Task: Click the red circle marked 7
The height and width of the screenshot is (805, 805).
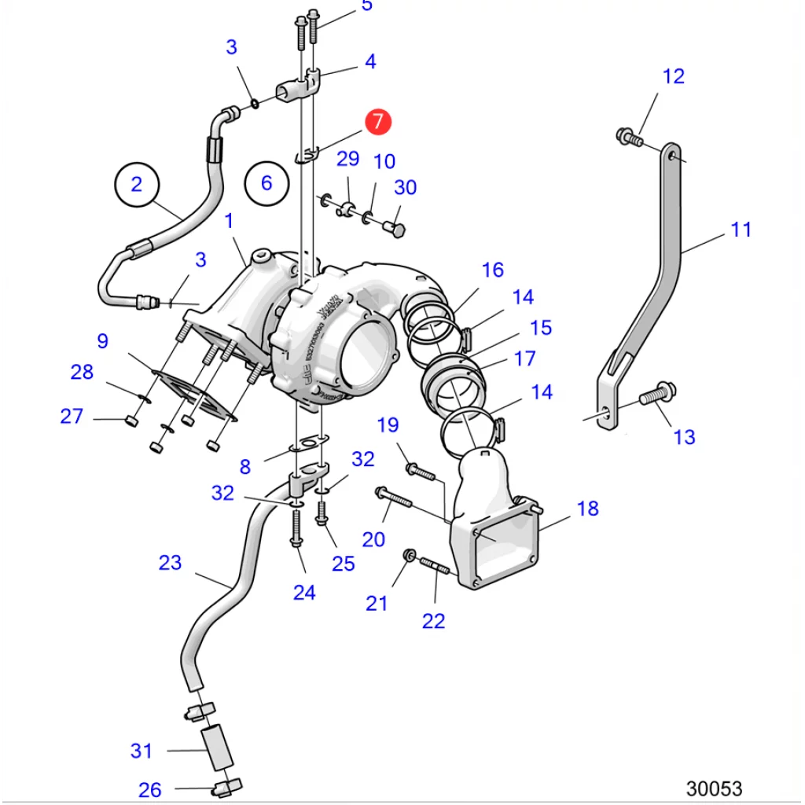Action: pos(377,121)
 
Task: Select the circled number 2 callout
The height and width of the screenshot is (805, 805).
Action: pos(137,184)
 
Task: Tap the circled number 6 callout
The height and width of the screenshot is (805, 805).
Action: pos(266,183)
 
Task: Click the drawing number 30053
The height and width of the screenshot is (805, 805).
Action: pos(714,788)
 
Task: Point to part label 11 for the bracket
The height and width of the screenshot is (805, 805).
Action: pos(741,230)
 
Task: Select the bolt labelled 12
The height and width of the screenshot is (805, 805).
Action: pos(630,138)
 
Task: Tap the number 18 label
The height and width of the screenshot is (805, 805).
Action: pos(587,508)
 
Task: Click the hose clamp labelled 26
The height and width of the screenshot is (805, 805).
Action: pos(228,785)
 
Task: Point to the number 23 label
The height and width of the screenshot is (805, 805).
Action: pos(170,563)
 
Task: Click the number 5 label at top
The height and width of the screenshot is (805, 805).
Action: pos(367,5)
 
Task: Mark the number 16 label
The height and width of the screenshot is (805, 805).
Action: pos(492,270)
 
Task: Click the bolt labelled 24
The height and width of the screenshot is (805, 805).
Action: pos(296,529)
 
